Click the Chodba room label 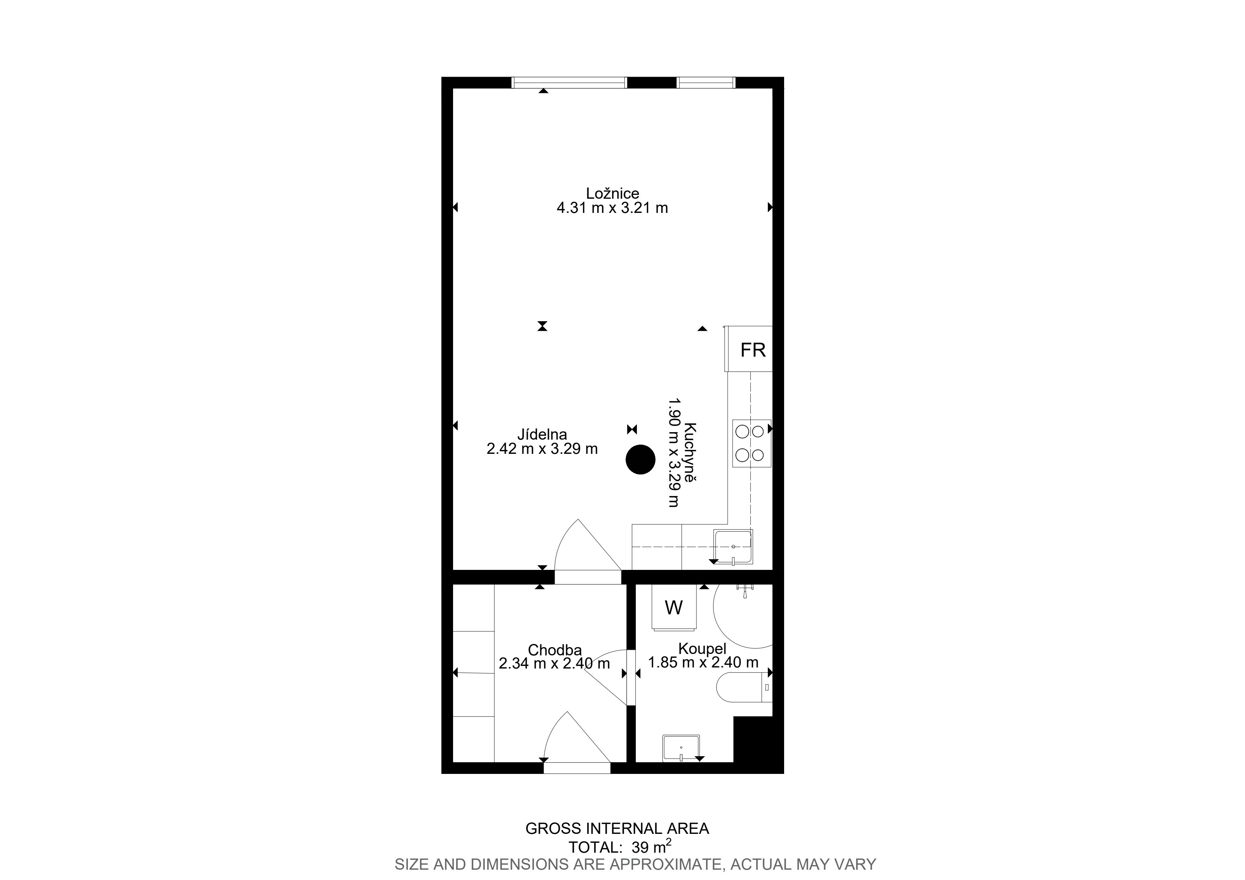point(554,650)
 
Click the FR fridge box point(748,349)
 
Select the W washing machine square point(674,608)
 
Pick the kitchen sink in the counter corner point(733,547)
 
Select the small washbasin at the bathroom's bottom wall point(681,748)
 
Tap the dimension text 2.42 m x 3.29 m point(542,449)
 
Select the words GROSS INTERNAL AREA point(617,829)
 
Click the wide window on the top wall point(569,82)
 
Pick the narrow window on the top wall point(706,82)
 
